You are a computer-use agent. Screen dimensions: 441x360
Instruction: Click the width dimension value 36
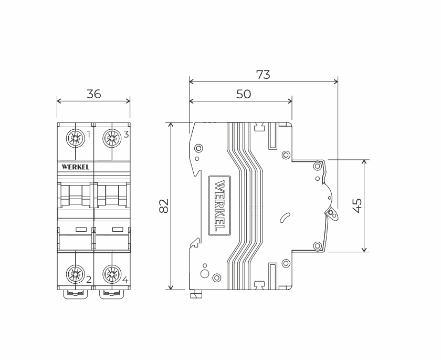[x=93, y=94]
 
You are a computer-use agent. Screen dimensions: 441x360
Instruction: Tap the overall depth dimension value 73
[x=263, y=75]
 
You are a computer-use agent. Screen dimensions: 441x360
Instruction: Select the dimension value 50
[x=243, y=94]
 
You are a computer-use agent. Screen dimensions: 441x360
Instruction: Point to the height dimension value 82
[x=163, y=206]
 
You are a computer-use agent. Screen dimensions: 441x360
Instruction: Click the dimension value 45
[x=357, y=205]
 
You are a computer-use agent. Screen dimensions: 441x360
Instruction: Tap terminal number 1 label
[x=89, y=135]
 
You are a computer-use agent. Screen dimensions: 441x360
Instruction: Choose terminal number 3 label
[x=126, y=135]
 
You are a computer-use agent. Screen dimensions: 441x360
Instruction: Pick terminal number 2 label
[x=89, y=280]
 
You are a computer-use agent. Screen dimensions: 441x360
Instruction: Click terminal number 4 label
[x=125, y=280]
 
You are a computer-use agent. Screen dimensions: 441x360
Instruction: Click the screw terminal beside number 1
[x=75, y=138]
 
